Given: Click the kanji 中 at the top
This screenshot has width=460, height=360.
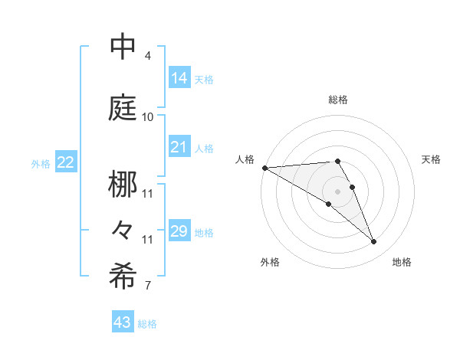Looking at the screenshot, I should (x=123, y=47).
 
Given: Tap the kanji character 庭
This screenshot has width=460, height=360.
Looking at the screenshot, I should (x=123, y=107).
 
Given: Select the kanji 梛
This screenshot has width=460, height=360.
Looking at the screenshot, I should (x=123, y=185).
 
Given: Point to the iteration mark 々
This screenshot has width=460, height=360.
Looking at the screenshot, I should (x=123, y=230).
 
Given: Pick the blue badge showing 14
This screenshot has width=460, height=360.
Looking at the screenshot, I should (x=179, y=77).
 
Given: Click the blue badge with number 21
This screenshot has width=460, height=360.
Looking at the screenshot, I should (x=179, y=147).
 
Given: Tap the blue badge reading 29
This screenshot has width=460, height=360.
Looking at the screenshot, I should (x=179, y=231).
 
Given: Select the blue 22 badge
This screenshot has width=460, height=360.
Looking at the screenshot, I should (x=66, y=162).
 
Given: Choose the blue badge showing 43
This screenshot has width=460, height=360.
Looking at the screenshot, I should (x=123, y=322).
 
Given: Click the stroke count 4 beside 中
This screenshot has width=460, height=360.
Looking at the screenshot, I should (x=148, y=56).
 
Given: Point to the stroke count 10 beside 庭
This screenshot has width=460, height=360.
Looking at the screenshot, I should (x=148, y=116).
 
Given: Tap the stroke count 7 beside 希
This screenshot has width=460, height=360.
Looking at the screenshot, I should (x=148, y=286).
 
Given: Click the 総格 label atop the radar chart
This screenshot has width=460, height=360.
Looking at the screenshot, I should (x=337, y=100).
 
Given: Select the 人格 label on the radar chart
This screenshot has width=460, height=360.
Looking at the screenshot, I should (x=245, y=159).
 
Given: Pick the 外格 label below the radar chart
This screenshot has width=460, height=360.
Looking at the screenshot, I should (x=270, y=262).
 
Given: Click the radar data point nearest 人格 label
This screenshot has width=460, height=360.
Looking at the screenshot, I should (x=264, y=168).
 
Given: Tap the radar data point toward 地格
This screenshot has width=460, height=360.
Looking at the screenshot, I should (x=373, y=242).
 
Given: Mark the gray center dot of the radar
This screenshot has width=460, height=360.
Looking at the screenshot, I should (x=337, y=191).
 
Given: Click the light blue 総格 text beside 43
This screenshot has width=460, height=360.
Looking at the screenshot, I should (x=148, y=324).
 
